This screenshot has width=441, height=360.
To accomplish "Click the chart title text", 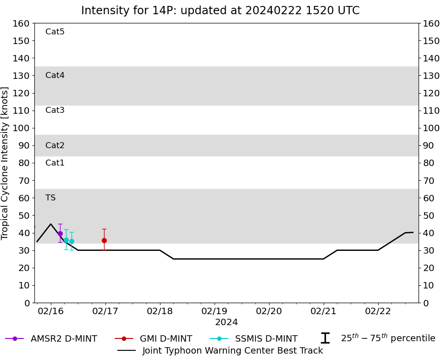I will click(220, 11).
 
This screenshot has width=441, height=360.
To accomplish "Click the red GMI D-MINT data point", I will click(104, 240).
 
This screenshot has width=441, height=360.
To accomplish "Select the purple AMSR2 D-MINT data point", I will click(60, 233).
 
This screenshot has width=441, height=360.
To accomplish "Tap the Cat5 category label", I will click(55, 32).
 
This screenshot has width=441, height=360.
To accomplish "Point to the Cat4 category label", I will click(55, 75).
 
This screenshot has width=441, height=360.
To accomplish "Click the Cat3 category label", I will click(55, 110).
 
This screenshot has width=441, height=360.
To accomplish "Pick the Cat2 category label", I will click(55, 145).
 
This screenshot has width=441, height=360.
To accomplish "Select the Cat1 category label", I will click(55, 163).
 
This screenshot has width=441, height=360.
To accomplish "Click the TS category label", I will click(50, 198).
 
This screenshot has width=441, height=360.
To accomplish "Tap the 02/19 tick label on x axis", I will click(215, 311).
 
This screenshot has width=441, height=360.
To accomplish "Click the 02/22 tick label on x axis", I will click(378, 311).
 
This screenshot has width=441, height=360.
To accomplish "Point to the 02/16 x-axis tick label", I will click(51, 311).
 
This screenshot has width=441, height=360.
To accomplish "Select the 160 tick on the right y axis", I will click(431, 23).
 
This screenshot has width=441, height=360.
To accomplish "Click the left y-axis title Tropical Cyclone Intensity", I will click(6, 163).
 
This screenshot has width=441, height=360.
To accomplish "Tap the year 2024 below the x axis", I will click(226, 322).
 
